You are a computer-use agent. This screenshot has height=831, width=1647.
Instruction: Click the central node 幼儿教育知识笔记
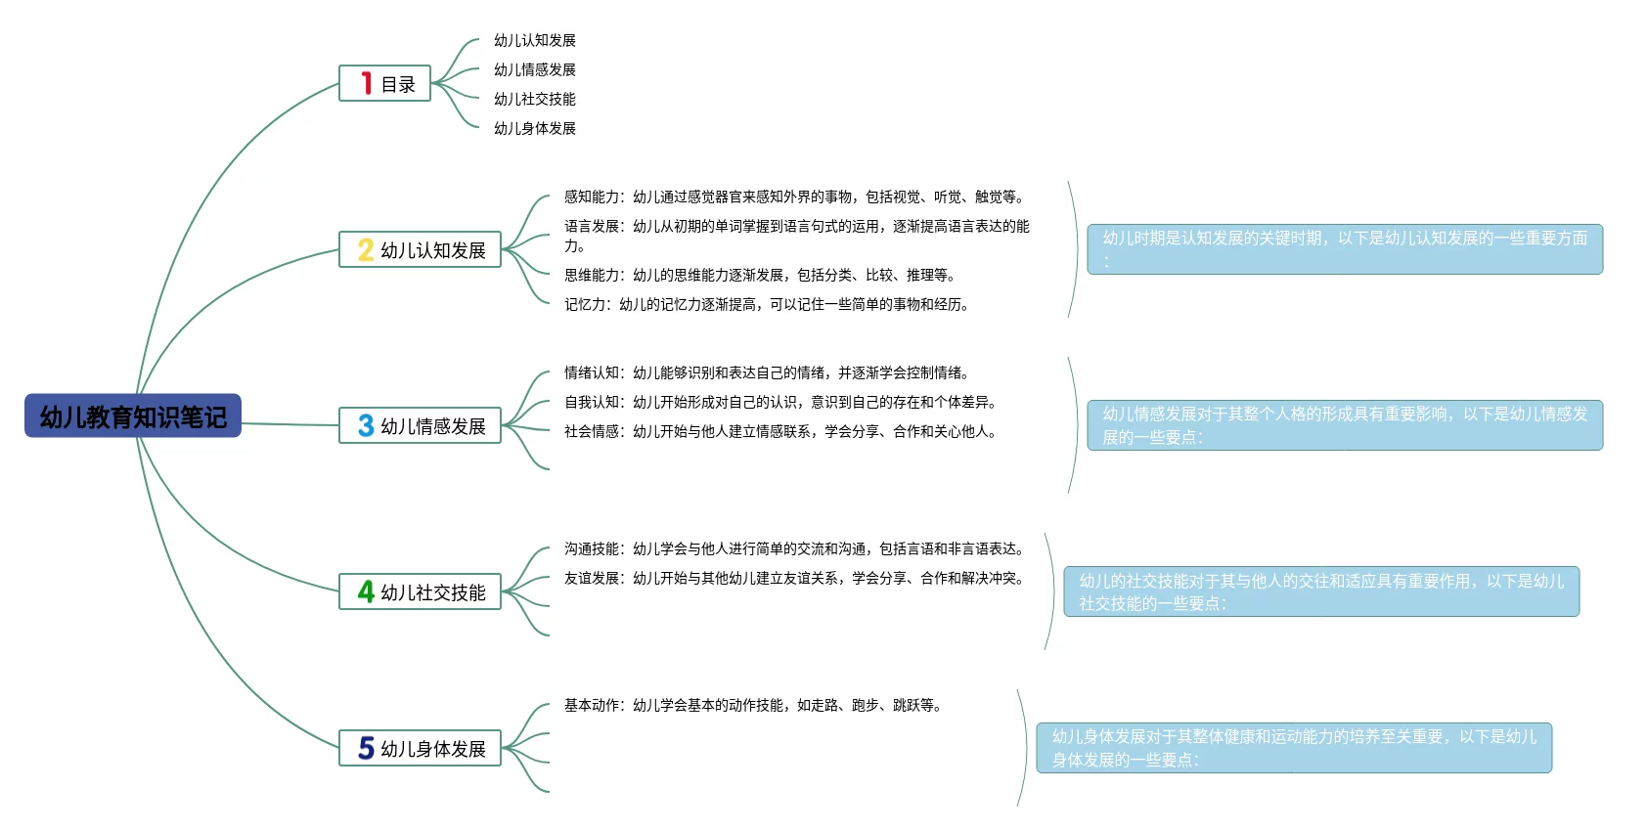[x=133, y=416]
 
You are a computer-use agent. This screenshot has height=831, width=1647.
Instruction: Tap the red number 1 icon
[x=367, y=83]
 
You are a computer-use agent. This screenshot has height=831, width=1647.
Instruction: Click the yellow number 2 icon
[x=366, y=249]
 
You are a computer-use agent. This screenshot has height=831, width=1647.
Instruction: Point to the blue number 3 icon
[x=366, y=425]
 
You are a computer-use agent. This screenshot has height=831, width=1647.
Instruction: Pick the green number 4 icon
[x=366, y=591]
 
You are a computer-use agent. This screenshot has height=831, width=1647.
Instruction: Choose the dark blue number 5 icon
[x=366, y=748]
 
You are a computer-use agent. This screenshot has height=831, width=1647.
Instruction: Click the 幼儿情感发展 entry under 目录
[x=534, y=69]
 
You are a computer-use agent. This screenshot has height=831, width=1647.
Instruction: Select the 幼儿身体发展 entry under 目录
[x=534, y=128]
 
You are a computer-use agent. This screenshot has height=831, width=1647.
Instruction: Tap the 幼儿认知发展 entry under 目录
[x=534, y=40]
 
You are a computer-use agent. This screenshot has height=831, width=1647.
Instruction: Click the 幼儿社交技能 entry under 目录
[x=534, y=99]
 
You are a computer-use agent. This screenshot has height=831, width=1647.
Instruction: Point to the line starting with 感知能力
[x=794, y=197]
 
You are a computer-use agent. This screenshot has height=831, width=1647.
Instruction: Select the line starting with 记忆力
[x=767, y=304]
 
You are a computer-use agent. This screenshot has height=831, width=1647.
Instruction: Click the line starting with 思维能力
[x=760, y=275]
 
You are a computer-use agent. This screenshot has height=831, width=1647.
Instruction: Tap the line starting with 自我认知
[x=780, y=402]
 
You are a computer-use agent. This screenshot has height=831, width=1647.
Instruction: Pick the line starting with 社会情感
[x=780, y=431]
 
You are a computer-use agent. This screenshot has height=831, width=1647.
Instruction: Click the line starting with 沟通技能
[x=794, y=548]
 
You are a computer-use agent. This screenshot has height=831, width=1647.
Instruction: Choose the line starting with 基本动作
[x=753, y=705]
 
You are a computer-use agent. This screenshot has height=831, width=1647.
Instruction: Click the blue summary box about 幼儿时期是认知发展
[x=1345, y=248]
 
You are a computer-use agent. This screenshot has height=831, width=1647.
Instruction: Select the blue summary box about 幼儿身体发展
[x=1294, y=748]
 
